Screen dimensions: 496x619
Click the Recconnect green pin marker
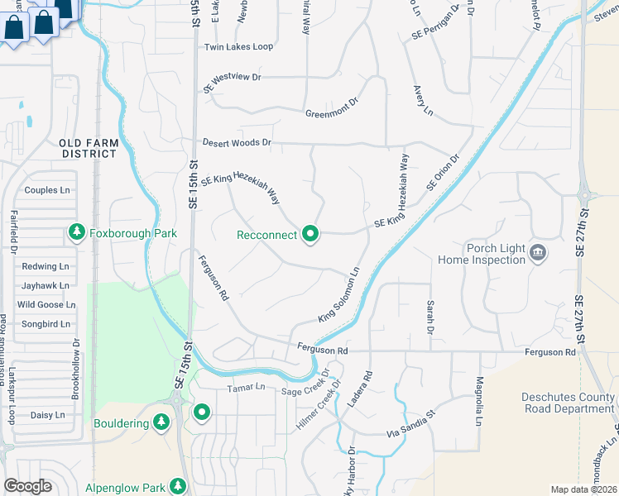[x=310, y=235]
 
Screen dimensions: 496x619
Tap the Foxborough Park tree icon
[x=77, y=233]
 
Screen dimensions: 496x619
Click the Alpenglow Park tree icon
[x=177, y=485]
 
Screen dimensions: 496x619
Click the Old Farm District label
[x=89, y=148]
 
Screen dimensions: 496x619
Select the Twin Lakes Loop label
[x=238, y=47]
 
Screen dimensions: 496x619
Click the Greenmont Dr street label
[x=331, y=108]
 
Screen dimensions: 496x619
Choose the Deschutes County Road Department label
[x=568, y=403]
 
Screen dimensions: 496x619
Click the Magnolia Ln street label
[x=478, y=401]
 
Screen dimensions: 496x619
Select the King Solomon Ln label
[x=339, y=295]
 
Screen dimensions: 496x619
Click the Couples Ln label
[x=47, y=190]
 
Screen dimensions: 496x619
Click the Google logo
[x=27, y=486]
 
